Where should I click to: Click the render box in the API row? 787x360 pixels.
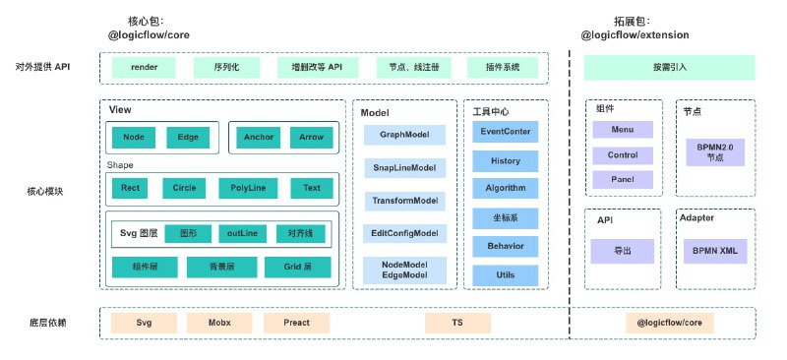[144, 67]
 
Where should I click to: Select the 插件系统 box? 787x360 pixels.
[503, 67]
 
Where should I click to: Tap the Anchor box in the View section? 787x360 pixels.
[259, 137]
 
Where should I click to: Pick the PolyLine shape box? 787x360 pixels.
[248, 188]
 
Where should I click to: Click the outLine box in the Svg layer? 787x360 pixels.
[242, 233]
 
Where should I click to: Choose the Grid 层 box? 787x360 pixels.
[298, 268]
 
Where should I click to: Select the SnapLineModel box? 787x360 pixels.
[404, 167]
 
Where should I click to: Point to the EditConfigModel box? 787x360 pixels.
[404, 233]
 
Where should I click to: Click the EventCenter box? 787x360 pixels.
[506, 132]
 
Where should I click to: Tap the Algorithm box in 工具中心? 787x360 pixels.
[506, 188]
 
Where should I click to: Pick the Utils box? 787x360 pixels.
[506, 275]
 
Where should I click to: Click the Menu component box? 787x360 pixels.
[623, 130]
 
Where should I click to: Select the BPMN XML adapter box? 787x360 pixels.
[715, 251]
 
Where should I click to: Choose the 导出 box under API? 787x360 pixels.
[623, 251]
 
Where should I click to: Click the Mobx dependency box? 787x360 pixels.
[219, 323]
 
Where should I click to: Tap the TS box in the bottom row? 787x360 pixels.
[457, 323]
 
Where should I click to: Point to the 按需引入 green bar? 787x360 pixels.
[670, 67]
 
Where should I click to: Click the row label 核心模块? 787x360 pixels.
[45, 192]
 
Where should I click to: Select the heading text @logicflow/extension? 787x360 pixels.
[635, 35]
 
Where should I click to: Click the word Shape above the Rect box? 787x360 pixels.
[120, 165]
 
